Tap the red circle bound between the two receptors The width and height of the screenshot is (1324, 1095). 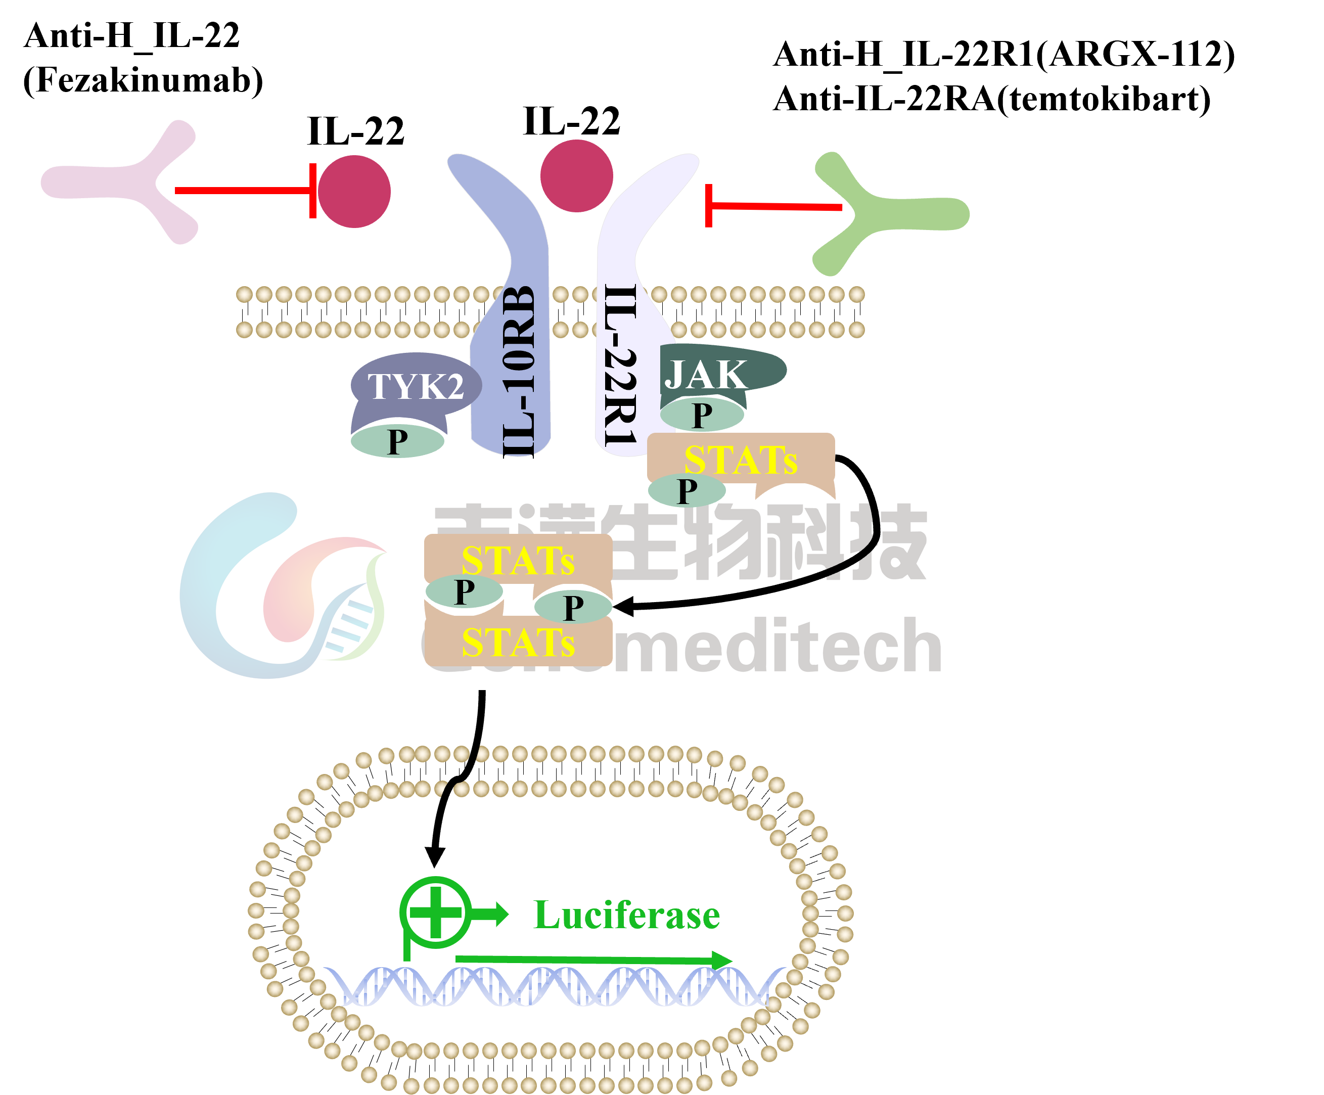576,176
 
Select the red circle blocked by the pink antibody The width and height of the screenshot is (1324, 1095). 354,191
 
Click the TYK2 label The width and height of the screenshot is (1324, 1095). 416,386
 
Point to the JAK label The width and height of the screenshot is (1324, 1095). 706,375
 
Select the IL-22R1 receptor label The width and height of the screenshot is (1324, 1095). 620,366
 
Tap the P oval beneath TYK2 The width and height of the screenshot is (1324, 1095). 397,441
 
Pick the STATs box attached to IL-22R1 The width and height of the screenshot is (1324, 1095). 741,459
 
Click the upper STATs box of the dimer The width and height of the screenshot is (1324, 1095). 518,559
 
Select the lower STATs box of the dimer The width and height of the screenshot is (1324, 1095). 518,643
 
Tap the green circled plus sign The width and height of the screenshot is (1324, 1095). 435,912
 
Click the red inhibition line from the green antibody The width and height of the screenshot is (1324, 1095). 775,206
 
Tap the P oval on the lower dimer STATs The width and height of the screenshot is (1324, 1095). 572,607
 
